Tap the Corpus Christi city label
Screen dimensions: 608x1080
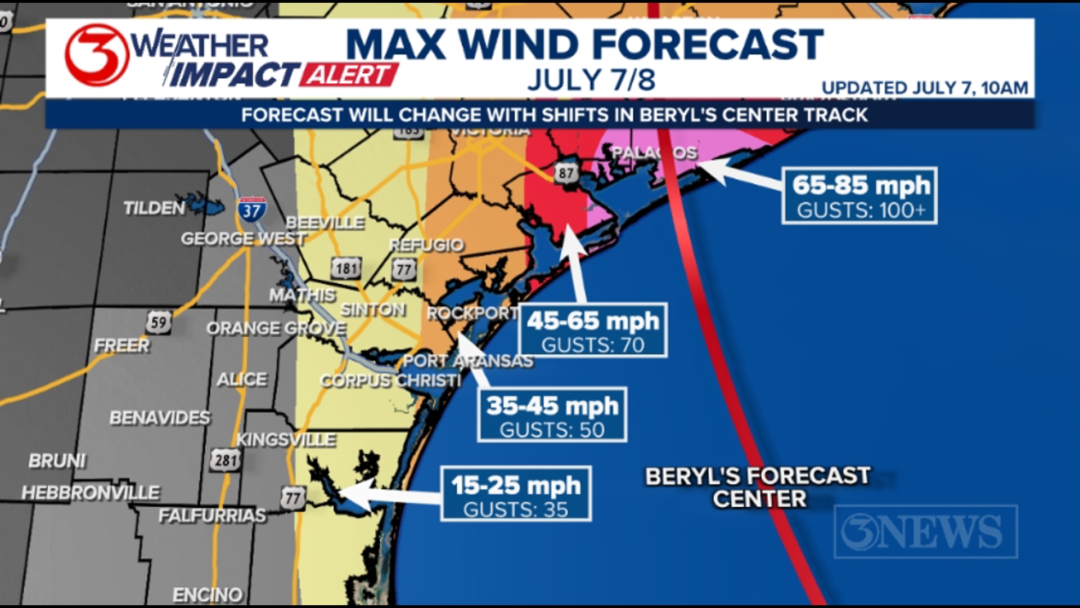(x=390, y=381)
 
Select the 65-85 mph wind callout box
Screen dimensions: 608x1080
(x=859, y=195)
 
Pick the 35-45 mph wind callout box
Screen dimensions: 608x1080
(x=552, y=415)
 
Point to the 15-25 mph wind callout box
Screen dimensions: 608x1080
(x=516, y=494)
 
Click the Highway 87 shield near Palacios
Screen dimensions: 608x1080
(x=566, y=173)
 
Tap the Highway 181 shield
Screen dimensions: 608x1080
(x=346, y=269)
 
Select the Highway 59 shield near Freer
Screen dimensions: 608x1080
(x=159, y=323)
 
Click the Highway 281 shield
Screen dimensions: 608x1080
(x=226, y=460)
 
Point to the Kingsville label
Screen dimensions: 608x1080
(x=286, y=440)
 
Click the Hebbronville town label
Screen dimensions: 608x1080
(x=91, y=493)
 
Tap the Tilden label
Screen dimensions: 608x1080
(x=154, y=208)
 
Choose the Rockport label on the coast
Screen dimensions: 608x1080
(x=472, y=314)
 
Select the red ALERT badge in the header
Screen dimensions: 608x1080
(x=348, y=75)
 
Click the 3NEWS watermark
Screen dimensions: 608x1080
(x=925, y=532)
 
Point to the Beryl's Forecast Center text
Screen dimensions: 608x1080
(x=758, y=488)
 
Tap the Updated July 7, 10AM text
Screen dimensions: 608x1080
(x=924, y=88)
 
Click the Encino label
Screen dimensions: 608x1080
(x=207, y=594)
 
